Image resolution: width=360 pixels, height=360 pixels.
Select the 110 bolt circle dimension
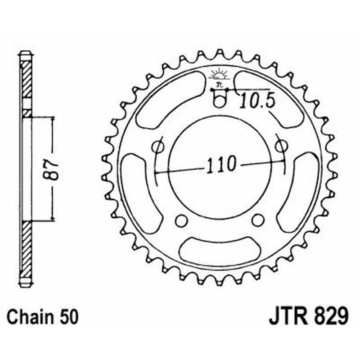(220, 165)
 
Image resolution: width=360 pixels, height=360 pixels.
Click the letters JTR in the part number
(288, 316)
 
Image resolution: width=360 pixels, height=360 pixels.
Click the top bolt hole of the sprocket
(219, 101)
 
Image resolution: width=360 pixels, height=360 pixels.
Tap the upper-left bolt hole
(158, 146)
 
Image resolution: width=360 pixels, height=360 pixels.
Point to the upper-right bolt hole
(281, 146)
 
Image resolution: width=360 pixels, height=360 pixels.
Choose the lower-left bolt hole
(181, 220)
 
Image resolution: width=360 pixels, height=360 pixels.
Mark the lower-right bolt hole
(257, 220)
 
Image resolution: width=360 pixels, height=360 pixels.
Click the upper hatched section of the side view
(26, 79)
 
